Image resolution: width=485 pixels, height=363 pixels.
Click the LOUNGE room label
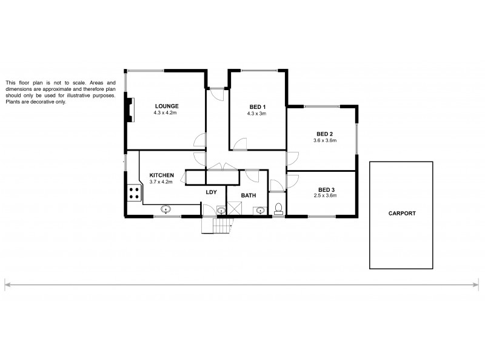pyautogui.click(x=166, y=106)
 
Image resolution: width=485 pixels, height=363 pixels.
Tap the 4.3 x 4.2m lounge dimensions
pyautogui.click(x=166, y=113)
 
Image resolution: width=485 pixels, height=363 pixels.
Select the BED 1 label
pyautogui.click(x=256, y=106)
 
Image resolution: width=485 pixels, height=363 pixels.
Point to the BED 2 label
pyautogui.click(x=325, y=134)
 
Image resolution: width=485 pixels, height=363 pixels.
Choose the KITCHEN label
pyautogui.click(x=161, y=175)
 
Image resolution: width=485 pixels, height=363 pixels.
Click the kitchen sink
pyautogui.click(x=165, y=209)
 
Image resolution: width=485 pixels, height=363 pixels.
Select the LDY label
pyautogui.click(x=211, y=192)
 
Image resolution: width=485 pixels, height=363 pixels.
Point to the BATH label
pyautogui.click(x=249, y=195)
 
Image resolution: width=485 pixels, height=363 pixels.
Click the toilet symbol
pyautogui.click(x=279, y=209)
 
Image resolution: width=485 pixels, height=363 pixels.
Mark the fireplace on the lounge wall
pyautogui.click(x=128, y=109)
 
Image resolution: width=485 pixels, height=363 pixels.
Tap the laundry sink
pyautogui.click(x=221, y=210)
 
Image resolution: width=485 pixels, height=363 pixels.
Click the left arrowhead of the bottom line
pyautogui.click(x=8, y=283)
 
